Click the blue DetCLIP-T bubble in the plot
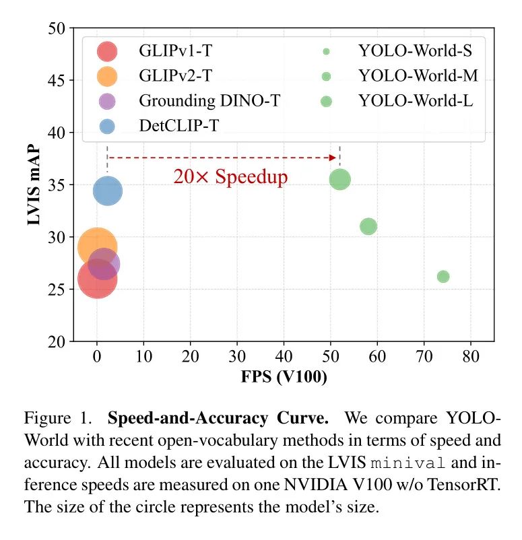[x=108, y=191]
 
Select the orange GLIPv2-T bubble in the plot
[x=96, y=246]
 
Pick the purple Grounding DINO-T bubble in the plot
[x=104, y=264]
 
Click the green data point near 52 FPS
[x=339, y=179]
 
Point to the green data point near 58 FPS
[x=368, y=226]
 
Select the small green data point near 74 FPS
[x=443, y=277]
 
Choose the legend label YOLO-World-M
[x=418, y=76]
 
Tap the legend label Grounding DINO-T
[x=209, y=102]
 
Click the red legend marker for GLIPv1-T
[x=107, y=51]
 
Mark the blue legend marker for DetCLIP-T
[x=107, y=126]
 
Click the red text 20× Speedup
[x=230, y=177]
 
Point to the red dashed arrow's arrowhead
[x=332, y=158]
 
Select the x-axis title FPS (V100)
[x=284, y=377]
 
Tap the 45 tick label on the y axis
[x=56, y=81]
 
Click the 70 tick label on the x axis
[x=424, y=355]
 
